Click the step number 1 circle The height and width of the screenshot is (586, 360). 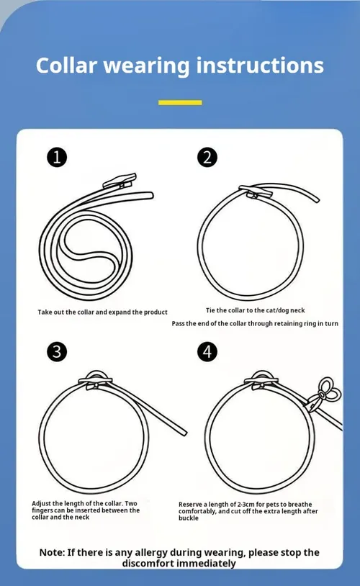point(57,158)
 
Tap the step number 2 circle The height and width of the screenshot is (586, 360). point(207,158)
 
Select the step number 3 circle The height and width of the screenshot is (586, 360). point(57,352)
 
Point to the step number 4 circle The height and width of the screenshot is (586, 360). point(207,352)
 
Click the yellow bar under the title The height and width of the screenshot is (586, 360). point(180,102)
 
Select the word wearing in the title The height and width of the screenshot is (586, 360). point(147,66)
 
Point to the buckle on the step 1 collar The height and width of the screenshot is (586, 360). point(120,181)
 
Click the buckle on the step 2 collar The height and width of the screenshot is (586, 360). point(256,191)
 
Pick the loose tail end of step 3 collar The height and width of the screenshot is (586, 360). point(183,432)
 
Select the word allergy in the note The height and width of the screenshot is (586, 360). point(150,553)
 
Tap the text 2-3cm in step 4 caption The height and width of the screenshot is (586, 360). point(246,504)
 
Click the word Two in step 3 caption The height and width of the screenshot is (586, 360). point(131,503)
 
